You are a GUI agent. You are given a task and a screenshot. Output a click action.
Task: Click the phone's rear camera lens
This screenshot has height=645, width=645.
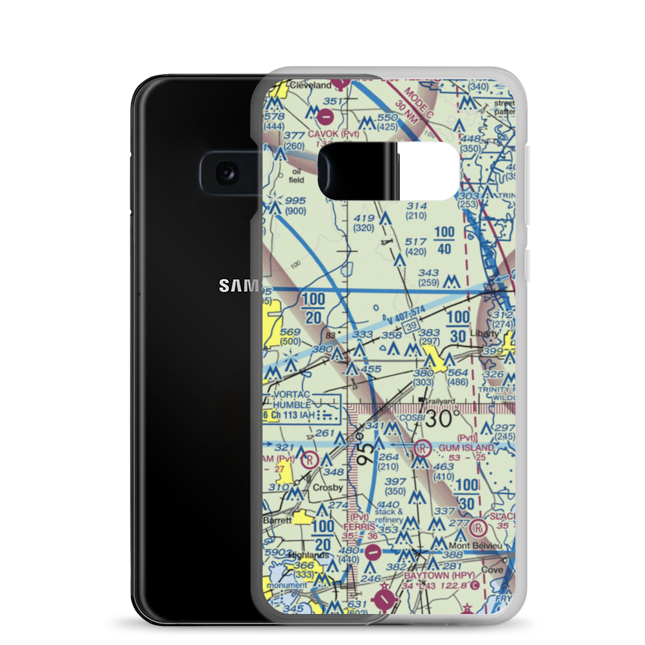(x=226, y=172)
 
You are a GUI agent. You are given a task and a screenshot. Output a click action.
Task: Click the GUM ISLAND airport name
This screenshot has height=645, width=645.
(x=466, y=447)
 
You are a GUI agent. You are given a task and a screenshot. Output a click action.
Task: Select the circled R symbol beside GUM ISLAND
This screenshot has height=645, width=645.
(x=423, y=448)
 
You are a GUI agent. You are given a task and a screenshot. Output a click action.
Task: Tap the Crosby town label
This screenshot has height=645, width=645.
(x=327, y=488)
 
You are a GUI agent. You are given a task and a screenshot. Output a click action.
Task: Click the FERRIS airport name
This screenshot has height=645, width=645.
(x=360, y=527)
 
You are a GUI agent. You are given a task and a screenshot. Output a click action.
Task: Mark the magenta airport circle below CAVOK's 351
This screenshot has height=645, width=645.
(x=327, y=117)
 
